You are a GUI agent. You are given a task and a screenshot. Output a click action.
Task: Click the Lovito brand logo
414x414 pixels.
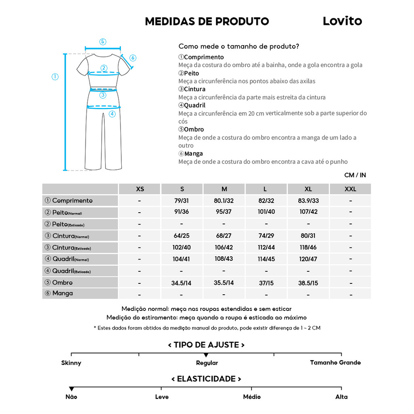tap(342, 21)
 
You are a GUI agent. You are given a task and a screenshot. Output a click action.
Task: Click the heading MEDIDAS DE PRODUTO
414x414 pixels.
tap(207, 21)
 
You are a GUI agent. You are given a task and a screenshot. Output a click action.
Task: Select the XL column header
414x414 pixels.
tap(308, 189)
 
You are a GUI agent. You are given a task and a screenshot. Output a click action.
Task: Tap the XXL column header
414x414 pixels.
tap(350, 189)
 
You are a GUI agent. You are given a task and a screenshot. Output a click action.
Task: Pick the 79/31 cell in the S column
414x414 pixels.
tap(182, 201)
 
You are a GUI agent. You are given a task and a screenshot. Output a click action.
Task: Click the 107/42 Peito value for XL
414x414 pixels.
tap(308, 212)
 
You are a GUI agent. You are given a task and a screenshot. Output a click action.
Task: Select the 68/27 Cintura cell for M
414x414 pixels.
tap(224, 235)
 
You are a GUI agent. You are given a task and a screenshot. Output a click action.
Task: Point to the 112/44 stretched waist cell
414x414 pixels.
tap(266, 247)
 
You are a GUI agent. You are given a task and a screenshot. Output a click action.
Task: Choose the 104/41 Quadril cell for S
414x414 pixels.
tap(182, 259)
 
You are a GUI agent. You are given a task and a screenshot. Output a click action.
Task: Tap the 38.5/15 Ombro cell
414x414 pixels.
tap(308, 283)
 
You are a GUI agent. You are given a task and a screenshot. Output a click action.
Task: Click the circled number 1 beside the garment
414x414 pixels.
tap(55, 77)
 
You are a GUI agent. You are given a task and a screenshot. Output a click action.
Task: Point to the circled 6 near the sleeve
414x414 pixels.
tap(133, 58)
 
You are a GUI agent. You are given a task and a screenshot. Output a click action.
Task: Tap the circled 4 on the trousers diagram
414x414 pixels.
tap(112, 114)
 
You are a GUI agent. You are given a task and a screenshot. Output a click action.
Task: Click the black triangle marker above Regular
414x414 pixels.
tap(206, 355)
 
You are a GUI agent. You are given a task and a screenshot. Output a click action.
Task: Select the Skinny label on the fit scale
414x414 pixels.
tap(71, 363)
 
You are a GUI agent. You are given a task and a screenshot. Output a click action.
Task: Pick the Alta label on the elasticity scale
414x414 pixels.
tap(341, 397)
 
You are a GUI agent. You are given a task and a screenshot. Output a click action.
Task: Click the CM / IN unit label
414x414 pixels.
tap(355, 175)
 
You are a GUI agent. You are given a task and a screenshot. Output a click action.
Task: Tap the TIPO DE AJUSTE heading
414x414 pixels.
tap(206, 345)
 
